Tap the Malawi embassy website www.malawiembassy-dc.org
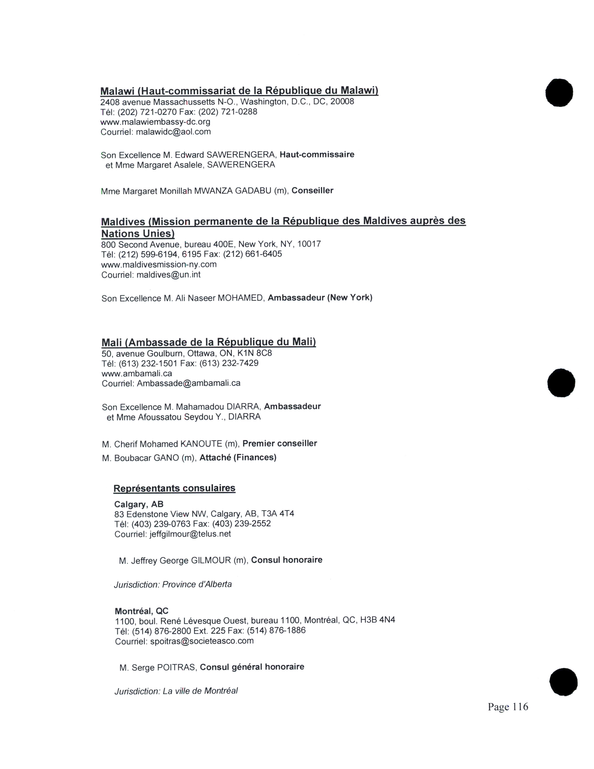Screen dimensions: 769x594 click(x=155, y=122)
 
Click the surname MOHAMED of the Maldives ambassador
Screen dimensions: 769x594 click(x=240, y=298)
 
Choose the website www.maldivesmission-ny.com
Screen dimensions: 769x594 click(x=159, y=264)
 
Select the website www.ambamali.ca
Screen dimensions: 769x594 click(x=137, y=373)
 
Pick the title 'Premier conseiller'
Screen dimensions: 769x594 click(x=280, y=443)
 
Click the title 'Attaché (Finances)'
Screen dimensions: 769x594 click(x=238, y=457)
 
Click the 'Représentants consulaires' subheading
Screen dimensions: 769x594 click(x=174, y=488)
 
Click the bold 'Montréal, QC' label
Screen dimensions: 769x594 click(x=141, y=611)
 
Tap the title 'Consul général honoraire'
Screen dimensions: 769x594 click(x=252, y=667)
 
